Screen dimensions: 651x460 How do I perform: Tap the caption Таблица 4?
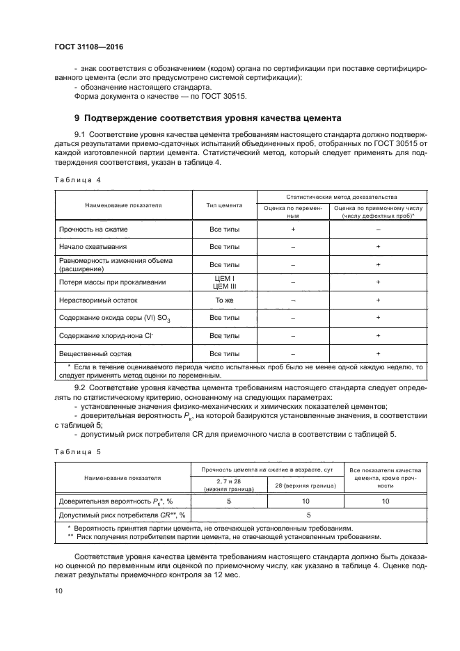(78, 179)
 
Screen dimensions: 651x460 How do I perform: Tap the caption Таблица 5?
(78, 451)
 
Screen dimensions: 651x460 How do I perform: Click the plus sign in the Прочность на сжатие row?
(293, 229)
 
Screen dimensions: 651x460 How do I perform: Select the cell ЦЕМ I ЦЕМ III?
(224, 282)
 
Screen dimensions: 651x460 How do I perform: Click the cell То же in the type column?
(224, 300)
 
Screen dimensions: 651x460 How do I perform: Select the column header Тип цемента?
(224, 206)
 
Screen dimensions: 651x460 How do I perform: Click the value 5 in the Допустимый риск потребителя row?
(309, 515)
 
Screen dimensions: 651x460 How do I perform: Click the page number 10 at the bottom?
(58, 591)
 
